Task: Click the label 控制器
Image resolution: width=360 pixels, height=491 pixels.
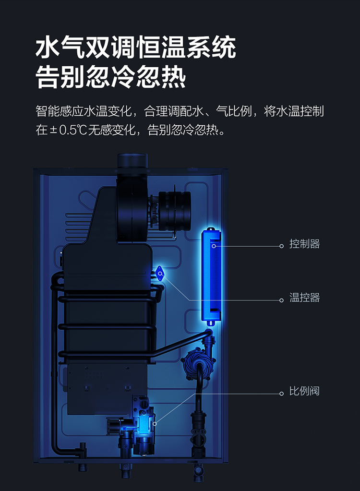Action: pos(304,244)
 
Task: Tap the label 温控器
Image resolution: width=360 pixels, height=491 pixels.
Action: pos(304,298)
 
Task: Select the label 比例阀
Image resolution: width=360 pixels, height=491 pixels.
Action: pos(304,391)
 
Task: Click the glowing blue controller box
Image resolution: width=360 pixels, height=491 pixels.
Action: pos(211,276)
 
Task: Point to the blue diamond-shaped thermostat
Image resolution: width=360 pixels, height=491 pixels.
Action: pos(160,274)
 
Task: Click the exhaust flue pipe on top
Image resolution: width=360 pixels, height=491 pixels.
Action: pos(132,161)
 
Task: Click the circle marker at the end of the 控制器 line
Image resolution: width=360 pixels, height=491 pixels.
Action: pos(281,246)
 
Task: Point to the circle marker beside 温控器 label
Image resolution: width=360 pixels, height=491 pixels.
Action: pos(281,300)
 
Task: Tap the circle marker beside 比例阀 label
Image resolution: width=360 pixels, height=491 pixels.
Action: pos(281,394)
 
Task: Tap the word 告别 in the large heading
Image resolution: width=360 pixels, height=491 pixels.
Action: pos(60,77)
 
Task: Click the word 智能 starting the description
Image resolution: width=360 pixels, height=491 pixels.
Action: pos(47,111)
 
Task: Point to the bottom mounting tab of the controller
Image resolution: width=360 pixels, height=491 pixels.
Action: pos(211,323)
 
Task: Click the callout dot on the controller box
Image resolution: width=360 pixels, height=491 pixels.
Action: pos(214,246)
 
